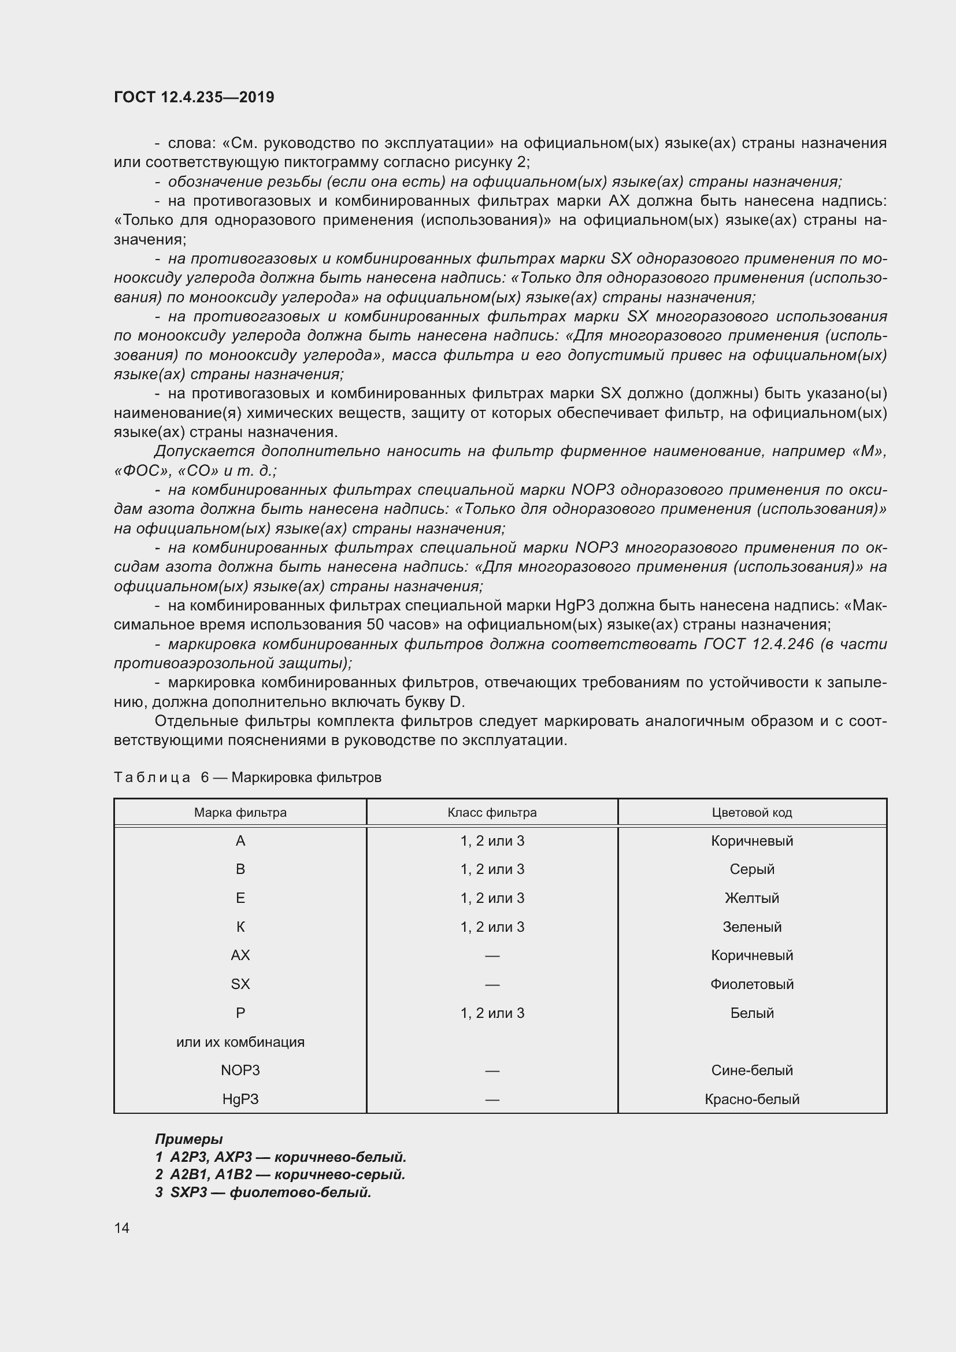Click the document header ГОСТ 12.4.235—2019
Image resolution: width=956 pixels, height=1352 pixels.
point(194,97)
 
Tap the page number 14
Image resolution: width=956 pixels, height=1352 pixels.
point(122,1228)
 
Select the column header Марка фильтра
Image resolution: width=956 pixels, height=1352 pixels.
point(240,813)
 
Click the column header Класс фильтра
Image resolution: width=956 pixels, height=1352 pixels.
point(491,813)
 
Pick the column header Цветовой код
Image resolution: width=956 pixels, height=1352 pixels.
point(752,813)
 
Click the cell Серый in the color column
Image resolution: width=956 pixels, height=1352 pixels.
point(752,869)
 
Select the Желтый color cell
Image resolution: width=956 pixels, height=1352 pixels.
point(752,898)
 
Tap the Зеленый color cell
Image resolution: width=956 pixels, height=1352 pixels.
point(752,927)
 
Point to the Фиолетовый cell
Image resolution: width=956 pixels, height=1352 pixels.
point(752,984)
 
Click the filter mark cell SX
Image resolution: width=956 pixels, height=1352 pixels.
point(240,984)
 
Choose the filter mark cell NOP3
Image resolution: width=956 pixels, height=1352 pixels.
point(240,1070)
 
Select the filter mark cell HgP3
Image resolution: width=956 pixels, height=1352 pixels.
point(240,1099)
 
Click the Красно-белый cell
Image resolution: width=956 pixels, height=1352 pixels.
point(752,1099)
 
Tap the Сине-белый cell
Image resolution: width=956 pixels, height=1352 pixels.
point(752,1070)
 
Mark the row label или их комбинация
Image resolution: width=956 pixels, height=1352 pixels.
point(240,1042)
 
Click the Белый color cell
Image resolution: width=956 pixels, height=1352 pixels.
point(752,1013)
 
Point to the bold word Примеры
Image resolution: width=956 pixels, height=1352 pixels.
point(188,1139)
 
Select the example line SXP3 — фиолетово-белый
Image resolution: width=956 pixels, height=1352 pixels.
point(264,1192)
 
